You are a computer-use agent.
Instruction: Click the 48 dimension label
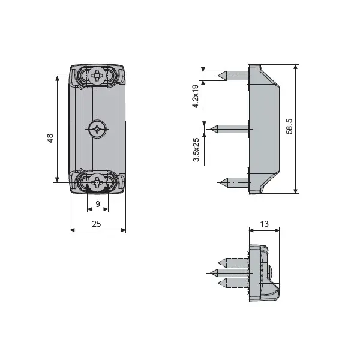point(50,138)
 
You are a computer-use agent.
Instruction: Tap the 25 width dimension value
point(97,224)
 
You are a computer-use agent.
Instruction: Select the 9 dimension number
point(98,204)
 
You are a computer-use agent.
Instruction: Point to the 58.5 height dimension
point(289,126)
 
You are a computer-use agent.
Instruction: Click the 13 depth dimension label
point(264,224)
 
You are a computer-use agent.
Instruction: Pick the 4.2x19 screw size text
point(196,96)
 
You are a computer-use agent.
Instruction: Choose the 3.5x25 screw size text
point(196,149)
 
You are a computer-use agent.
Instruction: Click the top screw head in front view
point(97,76)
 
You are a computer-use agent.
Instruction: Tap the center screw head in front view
point(97,129)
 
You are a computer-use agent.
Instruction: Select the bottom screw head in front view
point(97,182)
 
